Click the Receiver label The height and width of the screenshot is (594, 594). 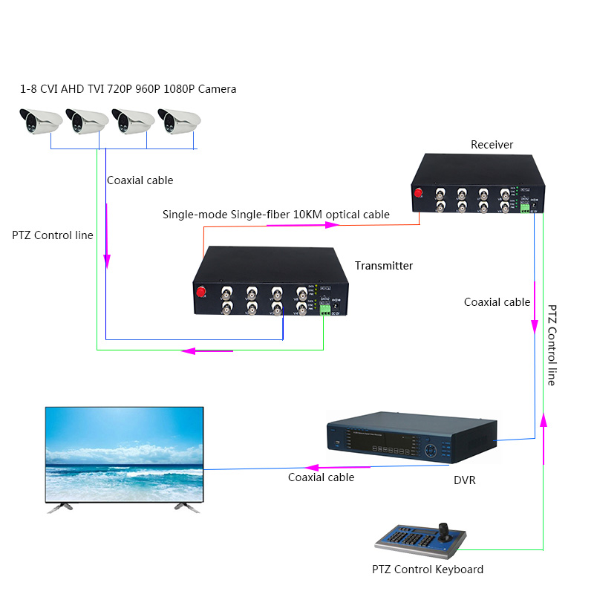point(492,144)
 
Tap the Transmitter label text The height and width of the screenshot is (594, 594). point(383,266)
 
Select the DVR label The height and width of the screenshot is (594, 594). point(464,480)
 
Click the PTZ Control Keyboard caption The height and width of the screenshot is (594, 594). point(427,569)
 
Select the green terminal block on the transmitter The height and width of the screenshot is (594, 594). point(324,311)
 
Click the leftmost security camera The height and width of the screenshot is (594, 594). point(39,120)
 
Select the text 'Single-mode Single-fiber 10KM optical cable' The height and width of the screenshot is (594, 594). point(276,215)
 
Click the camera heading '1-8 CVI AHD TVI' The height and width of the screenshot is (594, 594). point(128,89)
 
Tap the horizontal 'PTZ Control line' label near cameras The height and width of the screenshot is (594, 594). point(53,235)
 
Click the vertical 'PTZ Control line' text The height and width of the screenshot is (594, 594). point(552,345)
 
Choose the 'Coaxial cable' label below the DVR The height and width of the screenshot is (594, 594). point(321,477)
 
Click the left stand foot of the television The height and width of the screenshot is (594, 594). point(59,507)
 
